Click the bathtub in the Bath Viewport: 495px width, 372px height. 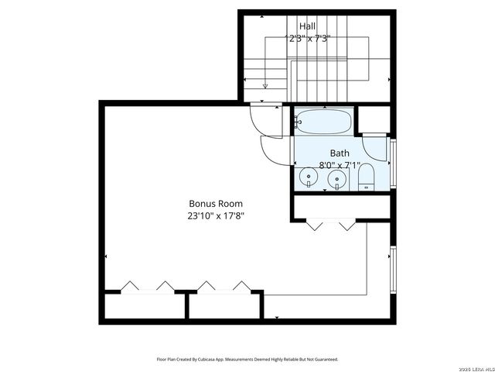click(x=323, y=122)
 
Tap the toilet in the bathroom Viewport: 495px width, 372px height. click(x=367, y=177)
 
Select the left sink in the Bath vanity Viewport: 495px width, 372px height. click(x=309, y=179)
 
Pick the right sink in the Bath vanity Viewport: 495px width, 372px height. click(x=337, y=179)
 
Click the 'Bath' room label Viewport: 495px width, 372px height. click(x=340, y=153)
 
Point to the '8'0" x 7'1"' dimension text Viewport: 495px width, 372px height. click(x=340, y=165)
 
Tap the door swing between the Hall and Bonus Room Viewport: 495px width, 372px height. click(x=261, y=119)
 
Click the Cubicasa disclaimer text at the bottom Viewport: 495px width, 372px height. click(x=247, y=359)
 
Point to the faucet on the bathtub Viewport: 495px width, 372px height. click(x=299, y=122)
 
